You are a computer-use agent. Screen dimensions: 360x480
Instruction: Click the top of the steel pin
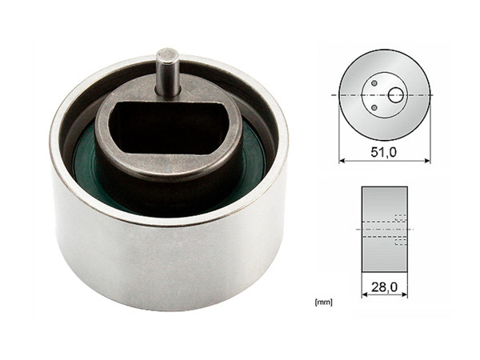tap(167, 55)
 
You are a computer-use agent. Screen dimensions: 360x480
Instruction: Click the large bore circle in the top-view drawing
tap(395, 94)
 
